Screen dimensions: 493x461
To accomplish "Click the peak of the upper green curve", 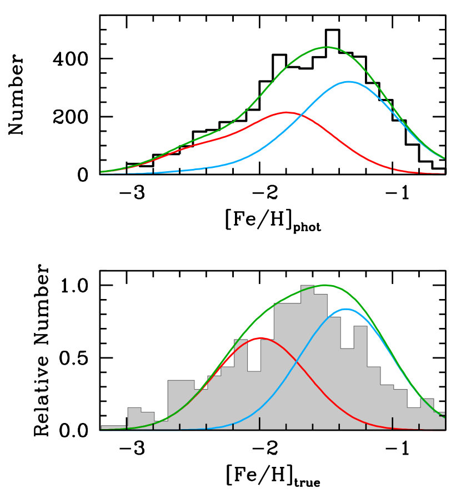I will click(x=326, y=47).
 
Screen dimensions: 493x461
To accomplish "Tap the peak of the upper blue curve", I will click(x=348, y=82).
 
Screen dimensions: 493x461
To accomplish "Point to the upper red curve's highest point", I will click(x=287, y=112).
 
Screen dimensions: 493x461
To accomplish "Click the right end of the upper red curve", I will click(x=444, y=173).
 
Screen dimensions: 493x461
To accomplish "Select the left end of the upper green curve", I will click(x=101, y=172).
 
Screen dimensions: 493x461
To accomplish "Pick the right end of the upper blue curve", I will click(x=444, y=158).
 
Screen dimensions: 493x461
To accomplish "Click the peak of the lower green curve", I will click(x=326, y=285).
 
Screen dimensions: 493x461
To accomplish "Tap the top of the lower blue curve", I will click(x=347, y=309).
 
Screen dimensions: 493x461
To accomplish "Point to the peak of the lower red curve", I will click(x=261, y=338).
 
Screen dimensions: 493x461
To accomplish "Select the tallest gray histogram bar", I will click(x=307, y=356).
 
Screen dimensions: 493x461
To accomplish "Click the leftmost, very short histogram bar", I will click(x=113, y=427).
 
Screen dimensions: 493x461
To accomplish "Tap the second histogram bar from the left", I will click(x=134, y=418).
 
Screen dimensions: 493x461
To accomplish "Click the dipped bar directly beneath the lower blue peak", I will click(x=347, y=389).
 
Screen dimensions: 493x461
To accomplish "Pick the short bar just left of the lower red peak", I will click(x=254, y=400).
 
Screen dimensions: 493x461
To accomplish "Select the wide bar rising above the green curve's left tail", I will click(x=181, y=405).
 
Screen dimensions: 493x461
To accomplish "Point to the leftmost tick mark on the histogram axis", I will click(x=153, y=426).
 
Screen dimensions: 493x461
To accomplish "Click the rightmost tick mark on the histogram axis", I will click(x=419, y=426).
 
